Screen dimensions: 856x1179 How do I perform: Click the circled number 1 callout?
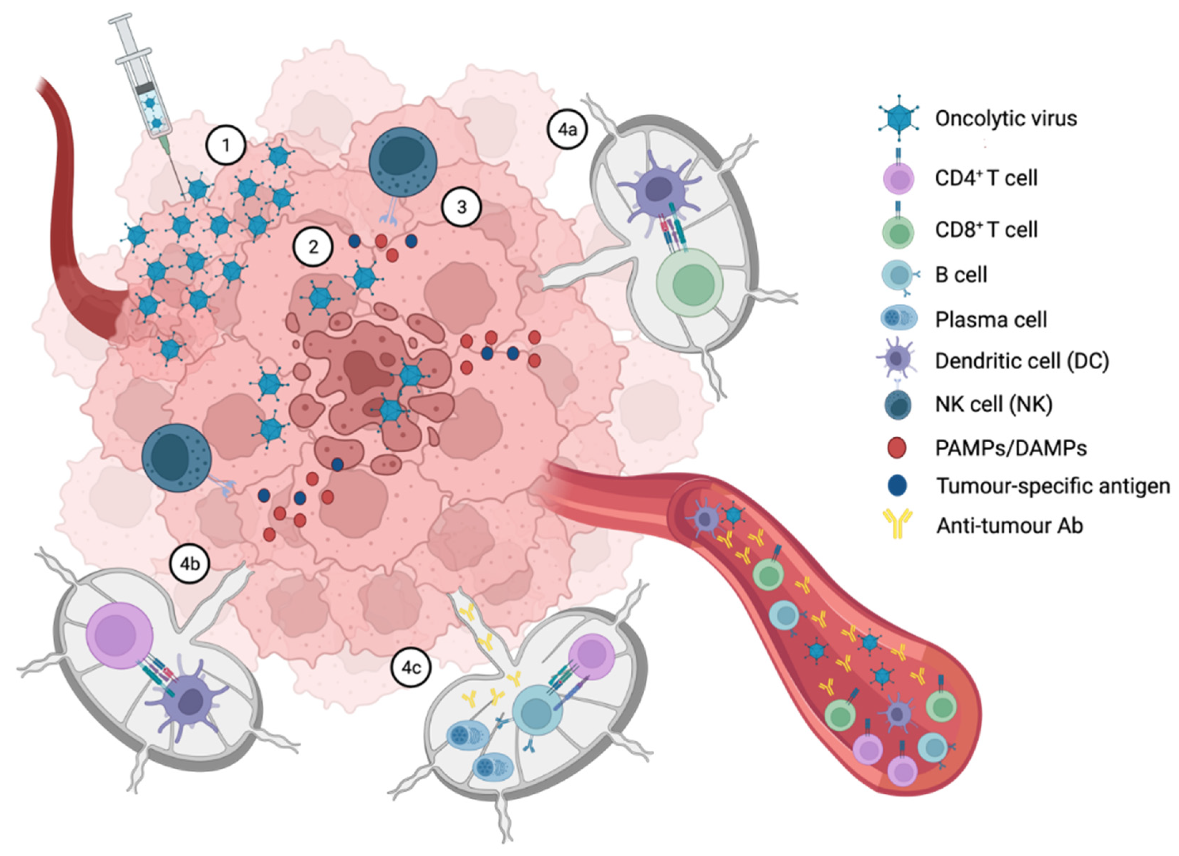pos(225,146)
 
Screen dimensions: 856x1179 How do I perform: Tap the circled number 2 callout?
pos(313,247)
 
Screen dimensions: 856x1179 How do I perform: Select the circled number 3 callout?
pos(461,207)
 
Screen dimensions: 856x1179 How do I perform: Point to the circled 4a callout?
pos(567,130)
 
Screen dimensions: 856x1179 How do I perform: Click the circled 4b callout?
pos(190,564)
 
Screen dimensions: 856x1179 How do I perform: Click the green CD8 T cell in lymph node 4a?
pos(690,283)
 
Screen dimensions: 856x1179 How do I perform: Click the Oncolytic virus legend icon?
pos(898,118)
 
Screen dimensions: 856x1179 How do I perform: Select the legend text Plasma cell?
pos(991,319)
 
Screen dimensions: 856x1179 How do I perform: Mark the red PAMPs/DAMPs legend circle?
pos(897,448)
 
